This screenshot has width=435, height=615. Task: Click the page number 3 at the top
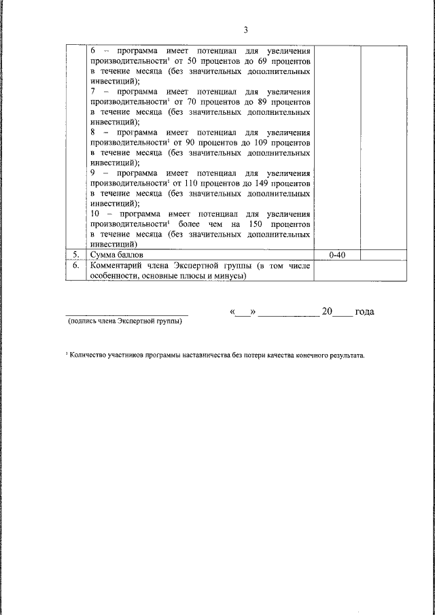[247, 29]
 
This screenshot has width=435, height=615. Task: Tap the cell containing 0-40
[338, 254]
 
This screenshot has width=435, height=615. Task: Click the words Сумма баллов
[116, 254]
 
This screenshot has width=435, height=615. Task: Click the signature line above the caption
[127, 315]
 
